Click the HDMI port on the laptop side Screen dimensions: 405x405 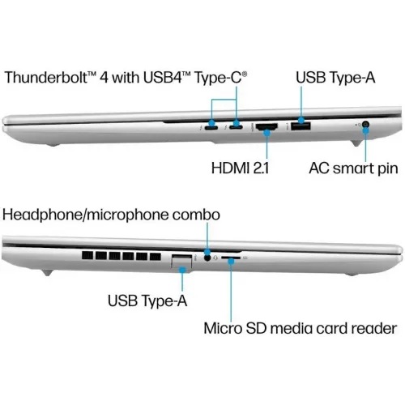click(266, 127)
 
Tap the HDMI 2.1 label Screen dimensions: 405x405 click(240, 168)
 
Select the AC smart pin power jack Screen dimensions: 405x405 click(365, 125)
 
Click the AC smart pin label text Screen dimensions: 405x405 click(353, 168)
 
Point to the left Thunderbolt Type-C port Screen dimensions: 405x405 click(211, 127)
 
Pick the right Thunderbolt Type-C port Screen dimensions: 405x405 click(236, 126)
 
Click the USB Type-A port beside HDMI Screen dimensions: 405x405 click(301, 126)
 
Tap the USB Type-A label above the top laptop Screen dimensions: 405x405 click(335, 78)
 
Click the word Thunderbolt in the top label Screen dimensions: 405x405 click(46, 77)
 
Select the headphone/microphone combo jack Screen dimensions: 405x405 click(207, 258)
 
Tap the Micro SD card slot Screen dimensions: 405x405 click(231, 258)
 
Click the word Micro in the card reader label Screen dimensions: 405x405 click(223, 328)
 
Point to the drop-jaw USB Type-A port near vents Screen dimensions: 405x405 click(181, 261)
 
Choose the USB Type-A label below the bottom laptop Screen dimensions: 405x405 click(147, 301)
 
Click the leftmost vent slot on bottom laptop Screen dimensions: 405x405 click(87, 256)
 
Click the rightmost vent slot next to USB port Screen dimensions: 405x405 click(156, 256)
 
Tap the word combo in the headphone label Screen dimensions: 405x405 click(196, 215)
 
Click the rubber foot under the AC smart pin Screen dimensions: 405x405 click(356, 143)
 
